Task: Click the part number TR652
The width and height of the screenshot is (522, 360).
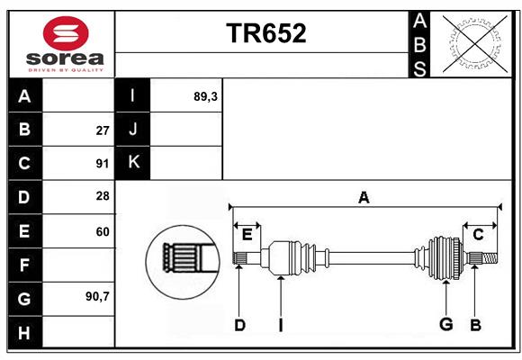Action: point(266,33)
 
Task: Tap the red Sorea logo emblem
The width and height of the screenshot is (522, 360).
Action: point(66,33)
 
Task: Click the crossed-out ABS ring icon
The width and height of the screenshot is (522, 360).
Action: point(475,45)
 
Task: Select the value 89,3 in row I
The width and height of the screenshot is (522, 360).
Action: point(205,96)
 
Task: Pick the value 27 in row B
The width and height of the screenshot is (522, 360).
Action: point(103,130)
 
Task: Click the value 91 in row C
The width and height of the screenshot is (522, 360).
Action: point(103,164)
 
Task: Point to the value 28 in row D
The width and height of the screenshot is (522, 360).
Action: point(103,196)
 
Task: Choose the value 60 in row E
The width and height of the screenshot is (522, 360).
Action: point(103,231)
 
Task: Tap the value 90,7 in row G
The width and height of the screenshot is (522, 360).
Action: point(97,296)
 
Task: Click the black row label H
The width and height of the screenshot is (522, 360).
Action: point(25,332)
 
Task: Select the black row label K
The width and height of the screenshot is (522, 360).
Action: point(132,163)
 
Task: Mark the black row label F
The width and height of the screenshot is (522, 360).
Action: point(25,265)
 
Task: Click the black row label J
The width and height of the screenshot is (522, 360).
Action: point(132,130)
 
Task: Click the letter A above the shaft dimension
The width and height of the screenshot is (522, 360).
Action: point(364,198)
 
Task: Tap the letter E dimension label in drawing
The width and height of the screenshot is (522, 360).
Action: point(247,235)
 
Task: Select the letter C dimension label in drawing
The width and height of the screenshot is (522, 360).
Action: point(478,235)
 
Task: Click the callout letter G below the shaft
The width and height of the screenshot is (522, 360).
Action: point(446,324)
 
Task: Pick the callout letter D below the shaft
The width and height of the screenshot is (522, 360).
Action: point(239,325)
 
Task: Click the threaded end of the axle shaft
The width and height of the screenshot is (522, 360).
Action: point(490,257)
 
